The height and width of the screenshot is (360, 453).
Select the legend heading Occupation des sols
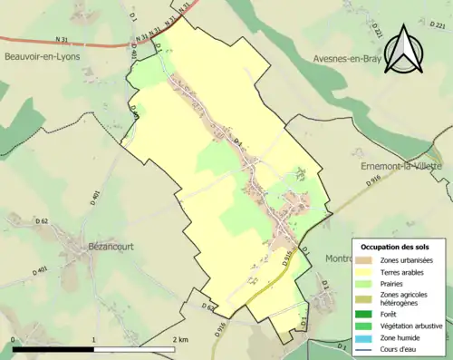(401, 247)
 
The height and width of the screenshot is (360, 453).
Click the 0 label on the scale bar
(14, 339)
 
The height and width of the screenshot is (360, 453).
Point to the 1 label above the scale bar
(94, 339)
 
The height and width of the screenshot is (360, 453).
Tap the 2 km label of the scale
(178, 339)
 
